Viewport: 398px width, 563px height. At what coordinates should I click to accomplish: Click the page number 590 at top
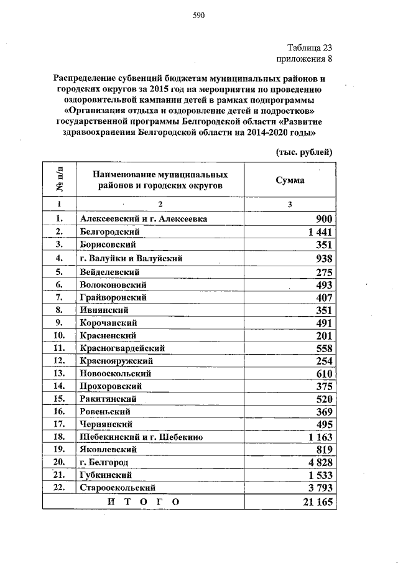(198, 16)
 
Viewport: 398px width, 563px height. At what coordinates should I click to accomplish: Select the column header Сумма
(290, 179)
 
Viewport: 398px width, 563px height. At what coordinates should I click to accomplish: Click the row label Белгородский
(109, 232)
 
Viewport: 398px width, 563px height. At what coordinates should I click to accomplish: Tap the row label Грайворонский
(113, 297)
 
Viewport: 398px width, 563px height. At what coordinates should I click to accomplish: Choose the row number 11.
(60, 348)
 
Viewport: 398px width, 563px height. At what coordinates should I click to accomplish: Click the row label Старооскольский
(118, 488)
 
